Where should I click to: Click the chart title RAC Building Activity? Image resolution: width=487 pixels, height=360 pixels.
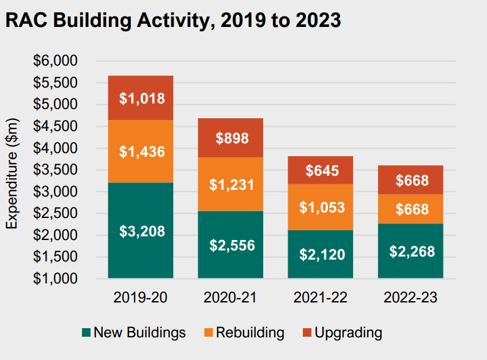click(173, 20)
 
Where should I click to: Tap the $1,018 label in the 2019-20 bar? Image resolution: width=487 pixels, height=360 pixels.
click(141, 98)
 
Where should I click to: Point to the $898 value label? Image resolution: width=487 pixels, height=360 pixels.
click(232, 138)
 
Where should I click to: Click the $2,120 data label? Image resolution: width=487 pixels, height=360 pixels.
click(322, 255)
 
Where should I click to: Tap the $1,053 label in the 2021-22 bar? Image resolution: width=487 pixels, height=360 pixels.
click(322, 208)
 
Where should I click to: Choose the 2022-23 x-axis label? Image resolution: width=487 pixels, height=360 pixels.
click(410, 298)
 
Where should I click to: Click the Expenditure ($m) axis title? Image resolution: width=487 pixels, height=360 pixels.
click(13, 174)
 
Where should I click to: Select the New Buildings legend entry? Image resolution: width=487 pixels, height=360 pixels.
click(133, 333)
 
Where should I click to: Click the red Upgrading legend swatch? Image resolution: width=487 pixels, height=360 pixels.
click(307, 333)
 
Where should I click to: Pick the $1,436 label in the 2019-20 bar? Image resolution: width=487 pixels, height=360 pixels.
click(141, 151)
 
